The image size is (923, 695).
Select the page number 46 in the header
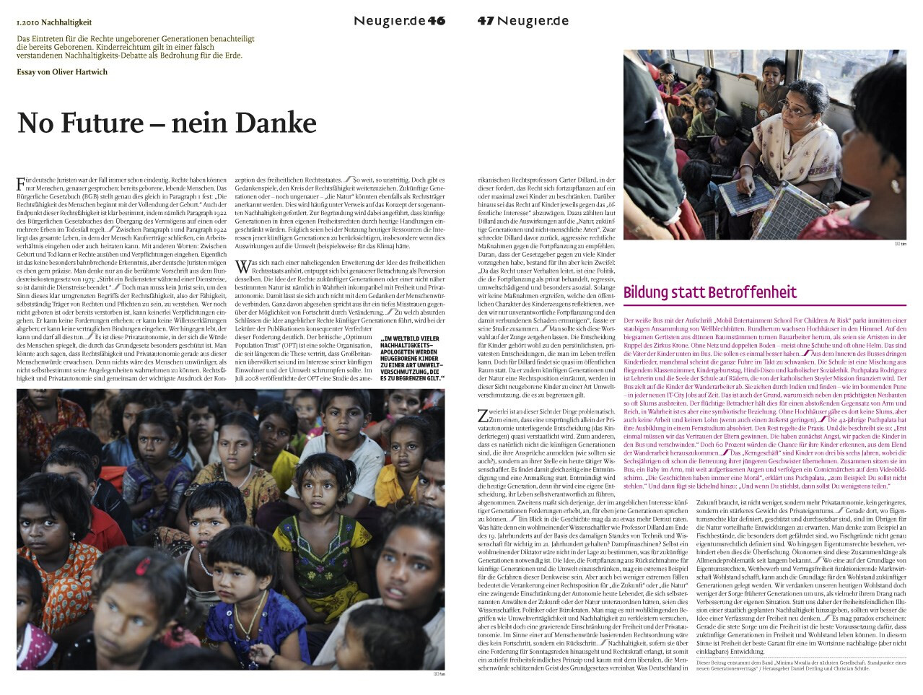pyautogui.click(x=437, y=21)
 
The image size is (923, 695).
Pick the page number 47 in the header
pyautogui.click(x=485, y=21)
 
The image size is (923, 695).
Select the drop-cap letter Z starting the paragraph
pyautogui.click(x=483, y=415)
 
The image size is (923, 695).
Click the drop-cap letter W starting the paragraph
pyautogui.click(x=241, y=267)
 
